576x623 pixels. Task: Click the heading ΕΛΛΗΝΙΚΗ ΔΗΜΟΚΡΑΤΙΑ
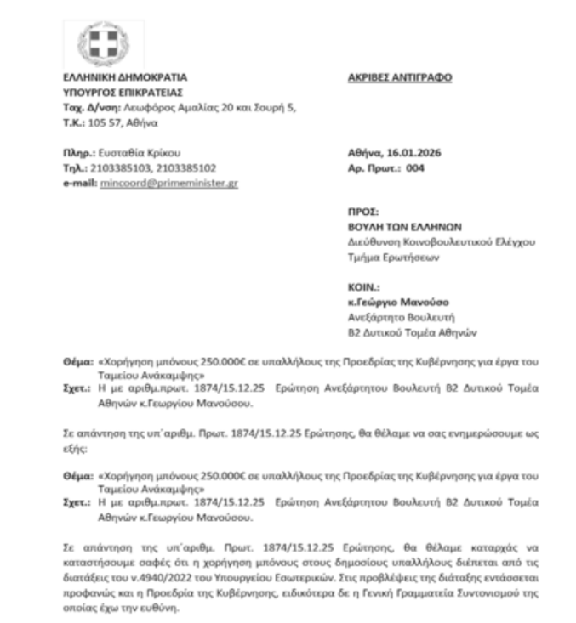click(119, 78)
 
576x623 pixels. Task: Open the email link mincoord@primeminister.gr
click(168, 183)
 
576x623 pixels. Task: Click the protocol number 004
click(413, 168)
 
